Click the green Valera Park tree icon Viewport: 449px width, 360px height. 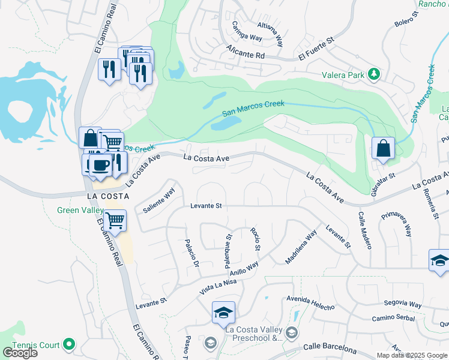point(375,73)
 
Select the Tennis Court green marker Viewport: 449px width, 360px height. point(69,344)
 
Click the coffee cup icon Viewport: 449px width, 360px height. point(101,165)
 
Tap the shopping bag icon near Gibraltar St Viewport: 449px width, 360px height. point(382,148)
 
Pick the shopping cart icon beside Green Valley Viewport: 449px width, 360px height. point(114,220)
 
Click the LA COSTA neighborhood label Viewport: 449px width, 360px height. point(108,197)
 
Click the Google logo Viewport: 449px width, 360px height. point(20,353)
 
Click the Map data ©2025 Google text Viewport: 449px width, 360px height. point(411,355)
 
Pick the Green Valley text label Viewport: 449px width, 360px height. point(81,210)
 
